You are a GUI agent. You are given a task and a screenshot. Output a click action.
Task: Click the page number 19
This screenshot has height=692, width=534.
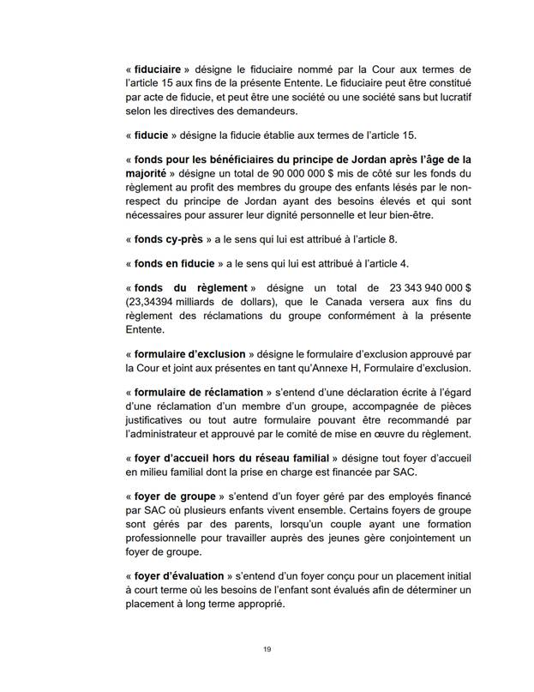pyautogui.click(x=267, y=650)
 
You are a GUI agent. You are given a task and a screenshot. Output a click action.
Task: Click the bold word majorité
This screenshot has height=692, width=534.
pyautogui.click(x=148, y=174)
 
